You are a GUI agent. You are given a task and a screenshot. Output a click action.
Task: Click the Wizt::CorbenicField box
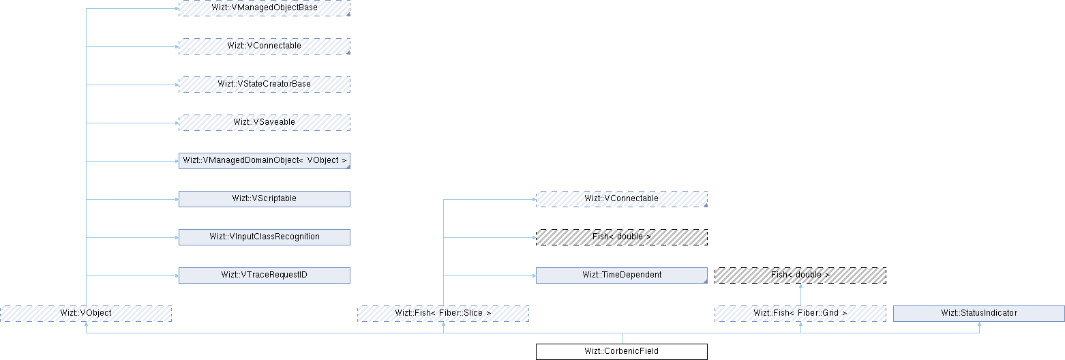[x=621, y=352]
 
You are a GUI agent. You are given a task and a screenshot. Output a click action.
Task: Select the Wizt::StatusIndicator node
[x=978, y=313]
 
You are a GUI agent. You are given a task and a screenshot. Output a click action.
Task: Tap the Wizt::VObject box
[x=85, y=313]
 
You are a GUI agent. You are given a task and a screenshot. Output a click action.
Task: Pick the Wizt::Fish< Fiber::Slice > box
[x=443, y=313]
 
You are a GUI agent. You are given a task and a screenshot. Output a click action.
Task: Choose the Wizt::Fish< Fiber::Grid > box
[x=800, y=313]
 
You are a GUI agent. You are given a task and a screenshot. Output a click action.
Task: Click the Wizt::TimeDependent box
[x=621, y=275]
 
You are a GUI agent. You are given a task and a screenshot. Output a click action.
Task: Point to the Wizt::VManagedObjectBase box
[x=264, y=7]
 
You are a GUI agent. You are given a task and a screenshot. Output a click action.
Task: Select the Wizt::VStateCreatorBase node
[x=264, y=84]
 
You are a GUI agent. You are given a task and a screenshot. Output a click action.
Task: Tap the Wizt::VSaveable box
[x=264, y=122]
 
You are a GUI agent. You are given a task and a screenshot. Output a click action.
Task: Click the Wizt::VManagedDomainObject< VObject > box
[x=264, y=160]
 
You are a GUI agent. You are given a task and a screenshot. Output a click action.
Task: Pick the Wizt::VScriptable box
[x=264, y=198]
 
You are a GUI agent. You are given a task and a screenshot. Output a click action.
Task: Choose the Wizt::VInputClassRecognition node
[x=264, y=237]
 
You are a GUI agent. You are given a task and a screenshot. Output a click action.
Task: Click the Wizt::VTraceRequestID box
[x=264, y=275]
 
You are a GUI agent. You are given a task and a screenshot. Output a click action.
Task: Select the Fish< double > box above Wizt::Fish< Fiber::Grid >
[x=800, y=275]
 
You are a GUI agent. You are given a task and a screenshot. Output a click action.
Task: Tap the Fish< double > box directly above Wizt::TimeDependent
[x=621, y=237]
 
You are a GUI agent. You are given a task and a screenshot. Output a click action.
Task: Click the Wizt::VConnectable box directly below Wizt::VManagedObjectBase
[x=264, y=46]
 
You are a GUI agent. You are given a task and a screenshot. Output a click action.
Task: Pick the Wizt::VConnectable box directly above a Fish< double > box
[x=621, y=198]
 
